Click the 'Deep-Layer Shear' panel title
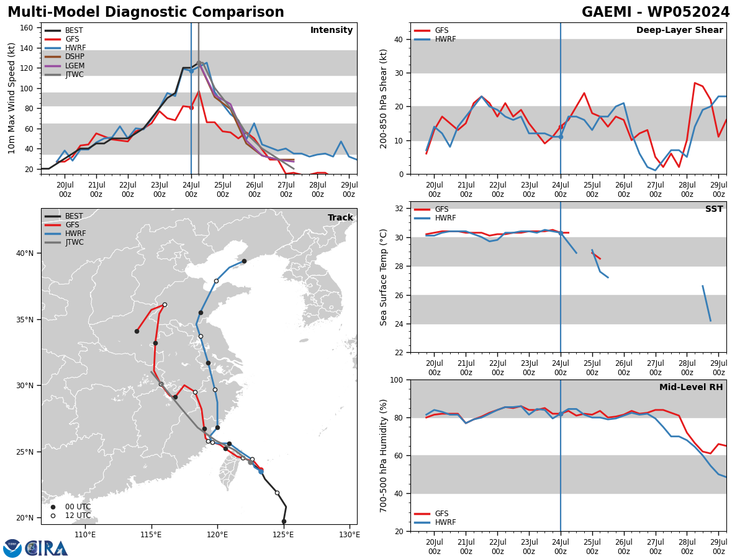pos(679,30)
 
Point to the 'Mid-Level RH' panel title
pos(691,387)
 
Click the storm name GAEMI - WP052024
pos(656,12)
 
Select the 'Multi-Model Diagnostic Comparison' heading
pos(146,12)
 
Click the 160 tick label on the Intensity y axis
pos(27,28)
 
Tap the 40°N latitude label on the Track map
pos(25,253)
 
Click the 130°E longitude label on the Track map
pos(350,535)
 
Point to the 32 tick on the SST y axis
pos(399,209)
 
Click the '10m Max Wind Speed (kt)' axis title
pos(11,98)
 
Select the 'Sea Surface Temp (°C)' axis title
pos(383,278)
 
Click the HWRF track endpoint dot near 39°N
pos(244,261)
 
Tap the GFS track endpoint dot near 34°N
pos(137,331)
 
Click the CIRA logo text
pos(47,547)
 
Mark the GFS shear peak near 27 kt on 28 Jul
pos(695,83)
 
